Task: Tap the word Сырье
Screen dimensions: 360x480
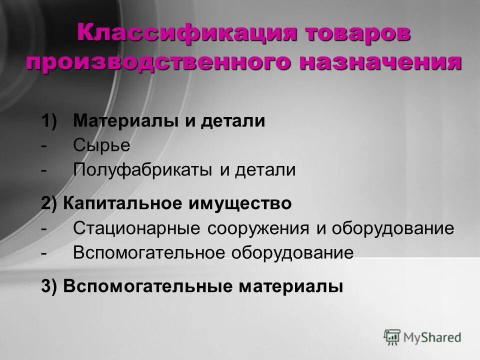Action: coord(101,145)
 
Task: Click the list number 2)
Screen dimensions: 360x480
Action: coord(50,203)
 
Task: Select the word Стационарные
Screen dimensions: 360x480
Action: coord(137,228)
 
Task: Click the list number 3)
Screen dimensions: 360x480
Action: coord(50,286)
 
